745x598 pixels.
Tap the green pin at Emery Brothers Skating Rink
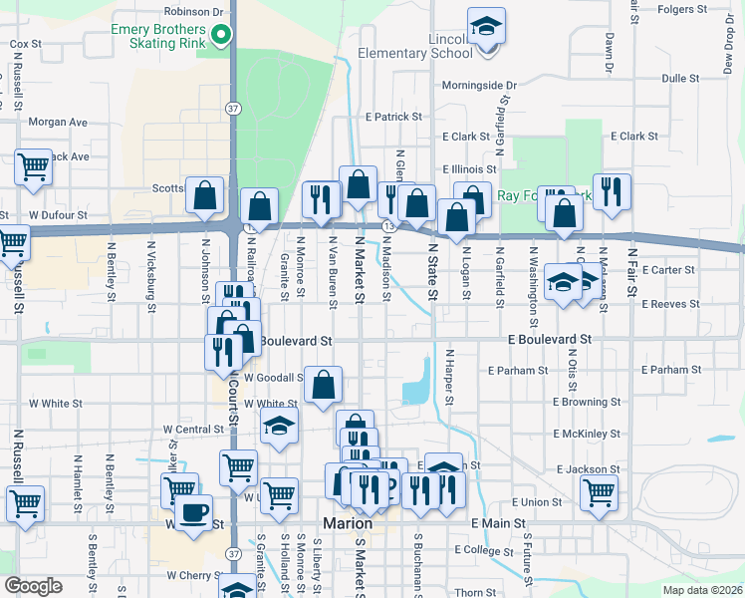coord(223,37)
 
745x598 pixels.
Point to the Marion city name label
coord(349,524)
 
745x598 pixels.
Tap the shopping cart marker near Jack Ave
coord(33,168)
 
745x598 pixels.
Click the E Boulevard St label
coord(550,340)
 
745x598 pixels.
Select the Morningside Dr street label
coord(480,86)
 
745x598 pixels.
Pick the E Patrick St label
coord(393,118)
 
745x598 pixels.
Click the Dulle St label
coord(680,78)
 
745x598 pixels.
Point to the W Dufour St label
coord(59,214)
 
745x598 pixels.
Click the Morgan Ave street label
coord(58,123)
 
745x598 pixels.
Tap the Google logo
coord(33,586)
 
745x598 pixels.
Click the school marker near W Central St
coord(280,427)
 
